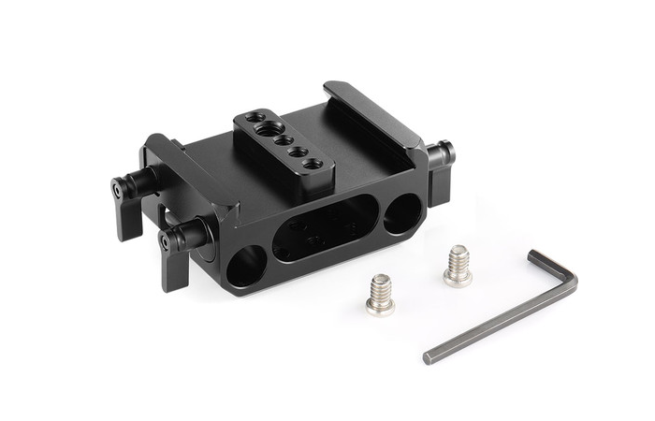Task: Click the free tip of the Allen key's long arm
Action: pos(429,356)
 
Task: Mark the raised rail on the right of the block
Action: pos(370,112)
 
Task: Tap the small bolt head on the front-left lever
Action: pos(166,241)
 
